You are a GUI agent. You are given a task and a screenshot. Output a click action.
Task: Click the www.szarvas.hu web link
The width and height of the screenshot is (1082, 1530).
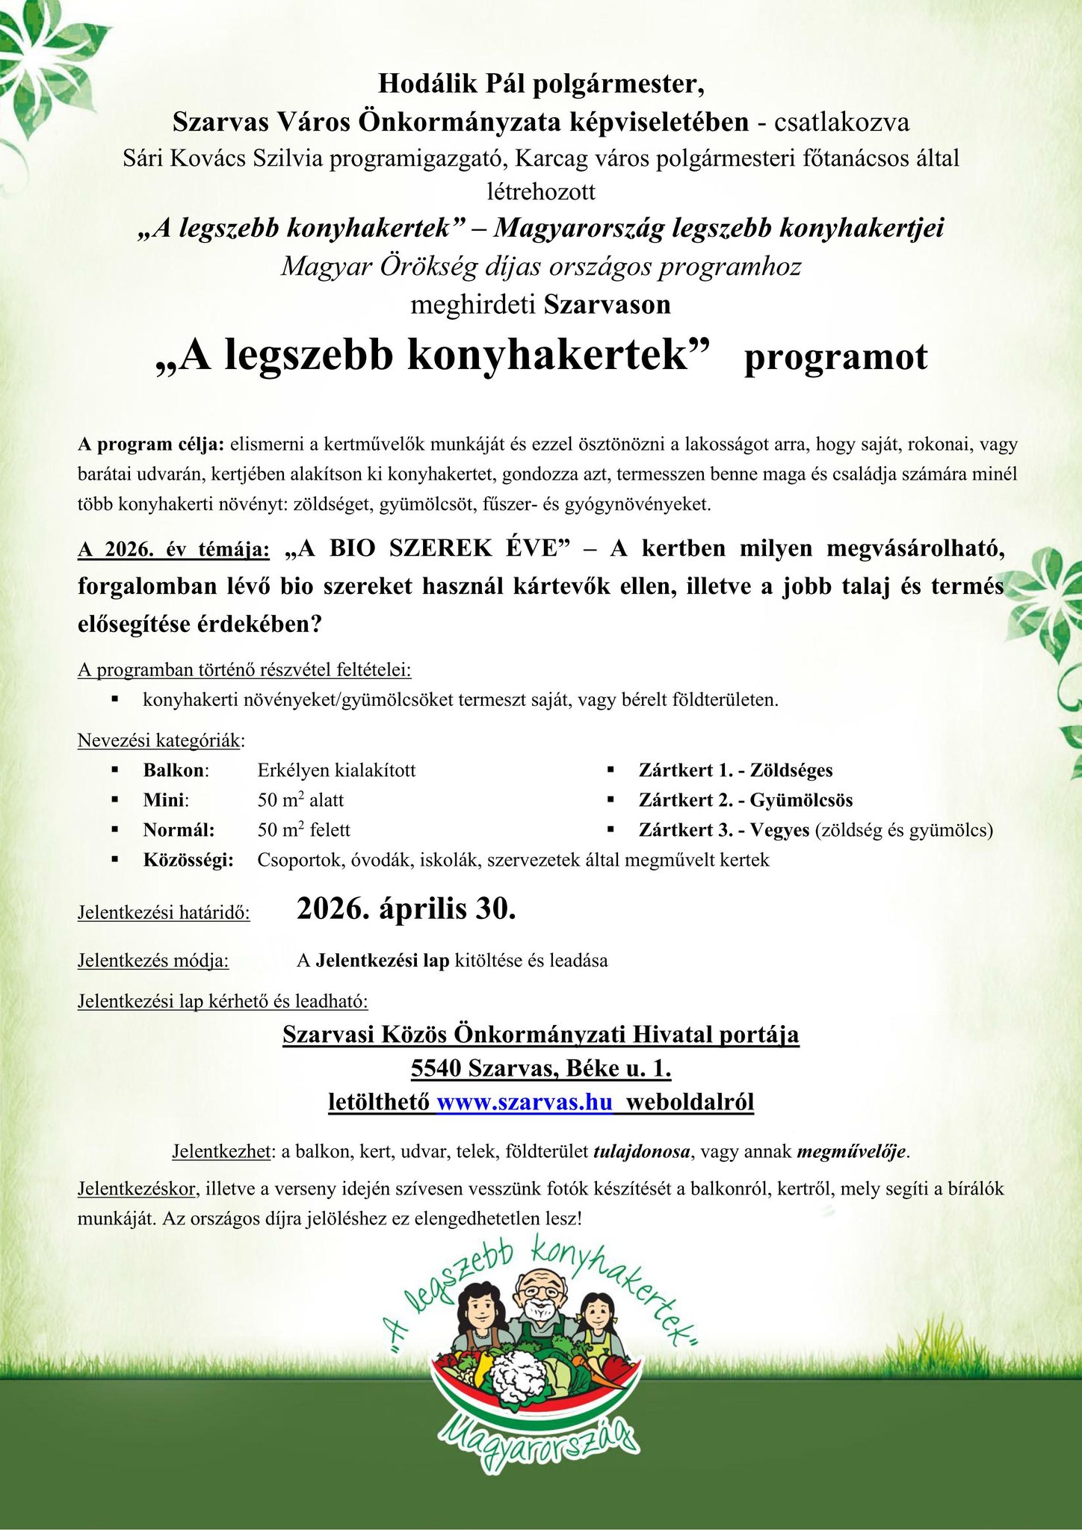click(x=525, y=1102)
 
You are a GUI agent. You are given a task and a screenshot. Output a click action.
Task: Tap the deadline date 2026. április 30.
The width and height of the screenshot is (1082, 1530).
click(x=406, y=909)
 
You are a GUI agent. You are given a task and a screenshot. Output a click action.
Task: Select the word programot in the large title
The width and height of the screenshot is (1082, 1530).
click(x=835, y=357)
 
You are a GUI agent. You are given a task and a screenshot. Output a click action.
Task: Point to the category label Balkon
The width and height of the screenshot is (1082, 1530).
click(x=174, y=770)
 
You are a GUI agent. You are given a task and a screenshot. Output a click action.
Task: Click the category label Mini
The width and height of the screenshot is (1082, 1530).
click(x=165, y=800)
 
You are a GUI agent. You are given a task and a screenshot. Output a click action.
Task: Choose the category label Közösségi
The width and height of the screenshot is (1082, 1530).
click(x=188, y=860)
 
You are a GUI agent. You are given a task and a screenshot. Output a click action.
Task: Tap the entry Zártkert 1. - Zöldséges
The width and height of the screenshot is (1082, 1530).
click(x=735, y=770)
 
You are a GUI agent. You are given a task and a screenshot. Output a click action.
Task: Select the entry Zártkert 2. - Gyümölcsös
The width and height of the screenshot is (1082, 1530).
click(x=745, y=800)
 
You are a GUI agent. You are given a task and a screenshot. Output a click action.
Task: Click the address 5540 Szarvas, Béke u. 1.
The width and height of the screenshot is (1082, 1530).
click(x=541, y=1068)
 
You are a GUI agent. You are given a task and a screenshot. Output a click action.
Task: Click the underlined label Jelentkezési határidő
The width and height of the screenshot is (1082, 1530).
click(x=164, y=912)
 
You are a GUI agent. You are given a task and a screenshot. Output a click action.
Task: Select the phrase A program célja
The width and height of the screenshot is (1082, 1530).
click(x=150, y=445)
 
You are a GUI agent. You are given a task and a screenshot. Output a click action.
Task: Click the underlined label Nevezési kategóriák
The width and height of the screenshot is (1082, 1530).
click(x=160, y=740)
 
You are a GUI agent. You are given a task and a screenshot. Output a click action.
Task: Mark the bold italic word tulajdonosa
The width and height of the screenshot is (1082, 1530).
click(x=641, y=1151)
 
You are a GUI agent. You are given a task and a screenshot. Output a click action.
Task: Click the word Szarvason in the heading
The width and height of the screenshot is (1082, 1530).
click(x=607, y=305)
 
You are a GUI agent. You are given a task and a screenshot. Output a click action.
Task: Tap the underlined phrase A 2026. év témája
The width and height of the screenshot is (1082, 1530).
click(x=173, y=550)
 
